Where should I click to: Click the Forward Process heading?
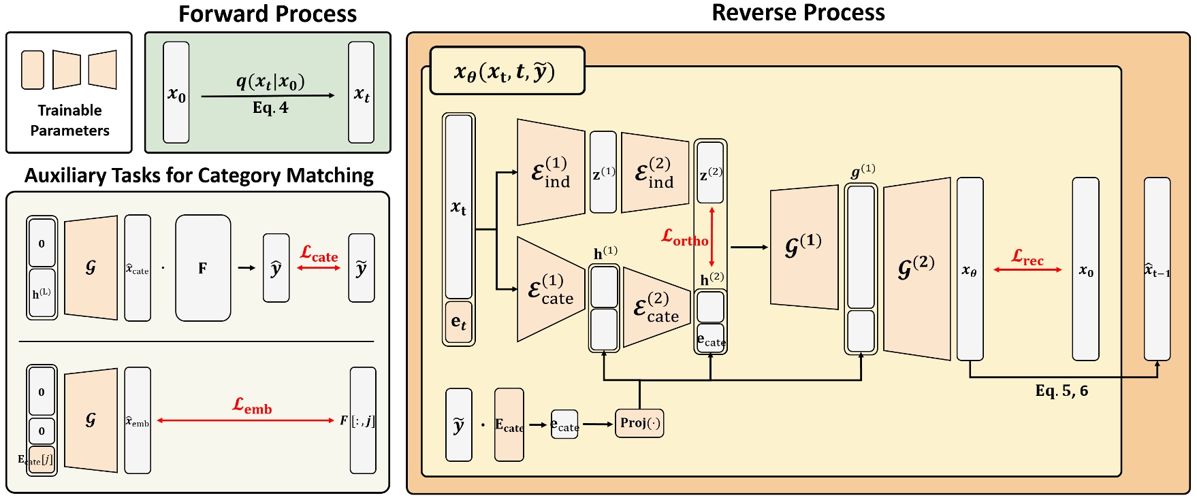[x=267, y=14]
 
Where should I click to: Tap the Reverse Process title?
[x=798, y=13]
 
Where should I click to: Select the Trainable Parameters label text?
[x=69, y=120]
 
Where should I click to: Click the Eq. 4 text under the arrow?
[x=270, y=108]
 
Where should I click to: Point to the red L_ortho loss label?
[x=684, y=237]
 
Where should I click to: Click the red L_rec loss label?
[x=1027, y=257]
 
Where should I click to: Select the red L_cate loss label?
[x=319, y=254]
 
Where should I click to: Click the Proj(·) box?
[x=639, y=423]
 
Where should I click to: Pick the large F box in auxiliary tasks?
[x=203, y=268]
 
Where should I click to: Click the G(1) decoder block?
[x=803, y=247]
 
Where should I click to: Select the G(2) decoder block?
[x=916, y=268]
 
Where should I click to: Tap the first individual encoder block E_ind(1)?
[x=550, y=172]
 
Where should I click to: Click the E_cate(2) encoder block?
[x=656, y=307]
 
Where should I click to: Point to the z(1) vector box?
[x=603, y=173]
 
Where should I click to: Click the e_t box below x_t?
[x=459, y=322]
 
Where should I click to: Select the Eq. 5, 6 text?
[x=1061, y=391]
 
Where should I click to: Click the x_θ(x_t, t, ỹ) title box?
[x=507, y=71]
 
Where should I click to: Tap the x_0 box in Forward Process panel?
[x=176, y=93]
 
